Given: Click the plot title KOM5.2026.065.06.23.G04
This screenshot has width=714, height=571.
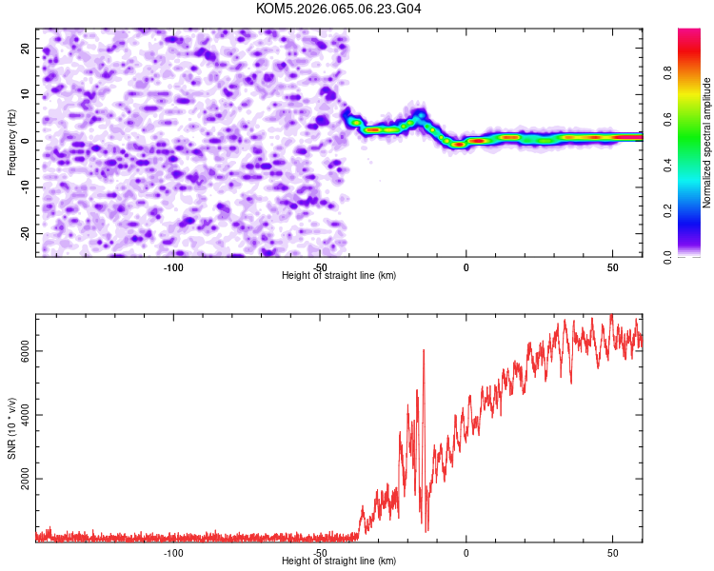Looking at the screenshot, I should pyautogui.click(x=339, y=9).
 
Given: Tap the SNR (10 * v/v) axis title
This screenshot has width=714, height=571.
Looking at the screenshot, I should pyautogui.click(x=11, y=427).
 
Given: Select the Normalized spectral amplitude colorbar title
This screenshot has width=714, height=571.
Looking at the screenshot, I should pyautogui.click(x=706, y=143).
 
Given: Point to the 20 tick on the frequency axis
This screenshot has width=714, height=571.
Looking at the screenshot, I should pyautogui.click(x=26, y=48).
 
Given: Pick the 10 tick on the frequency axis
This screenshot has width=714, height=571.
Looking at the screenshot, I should pyautogui.click(x=26, y=94).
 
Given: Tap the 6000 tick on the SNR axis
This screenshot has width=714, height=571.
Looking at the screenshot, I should pyautogui.click(x=26, y=351).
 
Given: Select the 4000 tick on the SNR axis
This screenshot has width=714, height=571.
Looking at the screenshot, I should pyautogui.click(x=26, y=415).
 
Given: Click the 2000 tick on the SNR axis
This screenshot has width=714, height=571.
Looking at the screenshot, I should pyautogui.click(x=26, y=479).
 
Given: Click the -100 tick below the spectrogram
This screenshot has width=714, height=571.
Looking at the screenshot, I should pyautogui.click(x=173, y=267).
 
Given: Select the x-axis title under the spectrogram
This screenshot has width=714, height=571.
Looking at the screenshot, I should pyautogui.click(x=339, y=276).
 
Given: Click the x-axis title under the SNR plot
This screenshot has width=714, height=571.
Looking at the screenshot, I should pyautogui.click(x=339, y=561).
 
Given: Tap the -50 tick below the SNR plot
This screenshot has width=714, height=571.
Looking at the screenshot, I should pyautogui.click(x=320, y=553).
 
